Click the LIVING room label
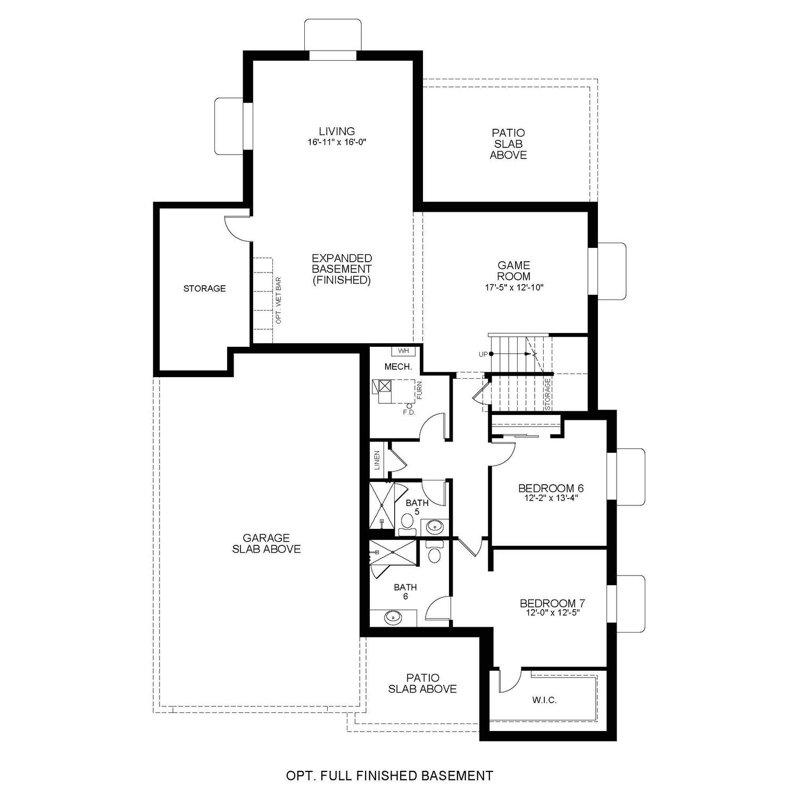337,131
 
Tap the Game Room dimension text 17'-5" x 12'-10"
514,287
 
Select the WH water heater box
403,351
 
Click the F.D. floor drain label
409,412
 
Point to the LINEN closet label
377,460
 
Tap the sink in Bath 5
435,527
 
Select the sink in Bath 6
393,617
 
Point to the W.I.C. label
544,700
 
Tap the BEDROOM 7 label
552,603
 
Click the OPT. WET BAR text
278,300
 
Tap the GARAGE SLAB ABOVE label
267,544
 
